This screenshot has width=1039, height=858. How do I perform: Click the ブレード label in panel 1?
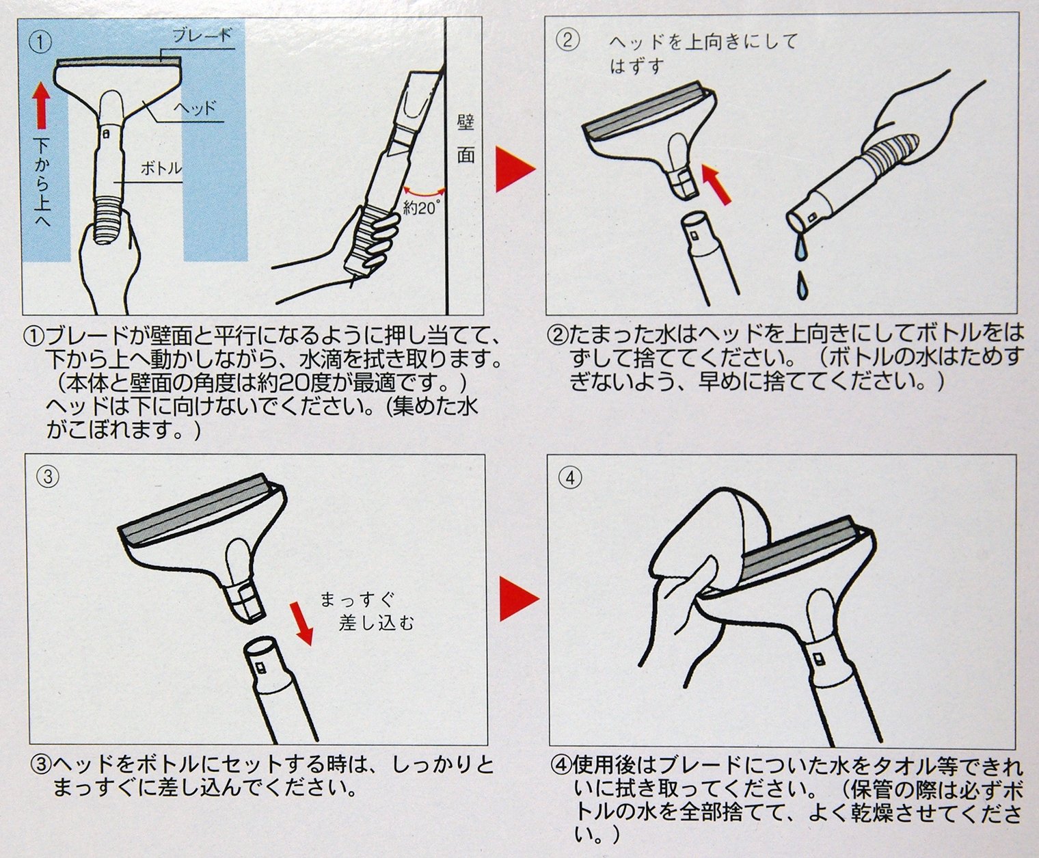202,36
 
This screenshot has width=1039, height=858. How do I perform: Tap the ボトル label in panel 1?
161,169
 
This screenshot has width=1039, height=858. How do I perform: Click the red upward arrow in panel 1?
42,105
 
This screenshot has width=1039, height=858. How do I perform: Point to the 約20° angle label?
420,208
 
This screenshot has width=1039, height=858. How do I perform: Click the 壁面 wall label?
465,139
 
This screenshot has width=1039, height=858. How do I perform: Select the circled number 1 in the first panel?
40,42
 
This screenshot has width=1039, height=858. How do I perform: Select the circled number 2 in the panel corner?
568,40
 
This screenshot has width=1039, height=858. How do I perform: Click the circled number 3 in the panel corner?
48,477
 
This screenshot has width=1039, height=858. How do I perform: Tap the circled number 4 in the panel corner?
570,478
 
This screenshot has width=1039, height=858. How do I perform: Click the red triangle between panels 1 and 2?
513,170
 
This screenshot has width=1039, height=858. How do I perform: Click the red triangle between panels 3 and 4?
517,599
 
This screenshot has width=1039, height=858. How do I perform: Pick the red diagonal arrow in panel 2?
716,184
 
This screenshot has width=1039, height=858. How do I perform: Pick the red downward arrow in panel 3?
302,623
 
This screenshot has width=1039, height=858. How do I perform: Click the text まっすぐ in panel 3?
357,599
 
